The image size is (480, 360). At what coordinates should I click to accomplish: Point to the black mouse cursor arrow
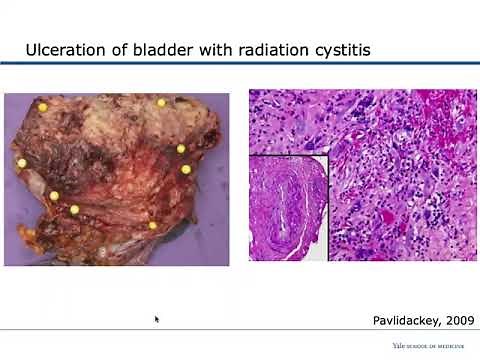(x=157, y=320)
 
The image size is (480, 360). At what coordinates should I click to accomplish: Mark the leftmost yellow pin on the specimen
(x=21, y=162)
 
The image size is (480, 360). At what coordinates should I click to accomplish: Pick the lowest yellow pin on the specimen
(x=152, y=225)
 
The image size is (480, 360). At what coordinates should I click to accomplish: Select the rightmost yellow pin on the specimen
(x=186, y=169)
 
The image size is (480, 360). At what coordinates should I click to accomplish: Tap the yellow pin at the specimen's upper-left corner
(x=42, y=106)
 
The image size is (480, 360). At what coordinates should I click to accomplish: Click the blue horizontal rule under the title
(x=240, y=65)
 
